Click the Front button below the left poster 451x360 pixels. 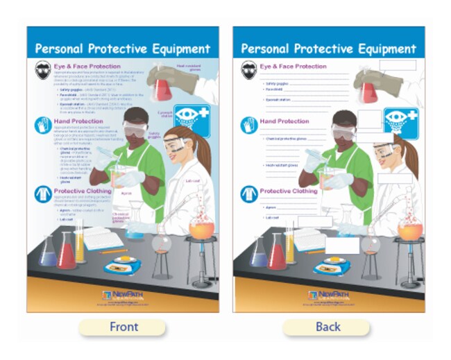point(124,327)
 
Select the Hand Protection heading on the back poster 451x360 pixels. point(284,121)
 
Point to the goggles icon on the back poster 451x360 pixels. point(249,70)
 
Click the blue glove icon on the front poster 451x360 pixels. point(42,125)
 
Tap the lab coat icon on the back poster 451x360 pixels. point(249,194)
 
